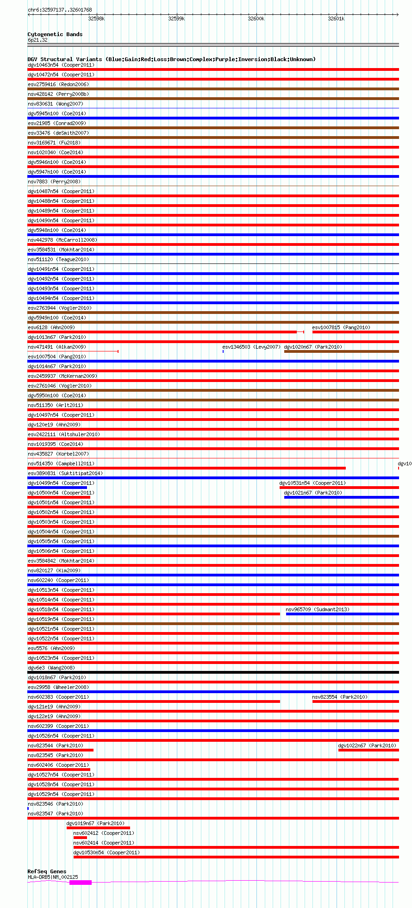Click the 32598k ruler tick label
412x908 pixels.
96,19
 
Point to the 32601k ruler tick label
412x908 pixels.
336,19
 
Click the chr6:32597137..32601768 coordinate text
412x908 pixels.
60,10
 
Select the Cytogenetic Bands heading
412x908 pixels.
55,34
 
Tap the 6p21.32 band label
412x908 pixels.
37,40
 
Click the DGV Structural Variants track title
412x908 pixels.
171,59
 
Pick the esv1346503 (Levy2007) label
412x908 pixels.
251,347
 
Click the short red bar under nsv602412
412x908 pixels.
80,838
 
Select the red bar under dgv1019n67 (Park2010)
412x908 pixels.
98,828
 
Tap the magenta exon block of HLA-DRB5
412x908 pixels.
81,883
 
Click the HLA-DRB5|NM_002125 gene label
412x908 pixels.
53,877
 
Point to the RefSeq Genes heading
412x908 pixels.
47,871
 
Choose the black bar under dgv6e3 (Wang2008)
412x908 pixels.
213,672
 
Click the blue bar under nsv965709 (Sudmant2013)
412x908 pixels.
342,614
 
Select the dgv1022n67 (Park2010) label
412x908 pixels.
367,745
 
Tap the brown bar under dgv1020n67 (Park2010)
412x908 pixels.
341,351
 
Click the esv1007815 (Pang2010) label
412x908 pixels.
341,327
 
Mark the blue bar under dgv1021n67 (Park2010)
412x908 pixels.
341,497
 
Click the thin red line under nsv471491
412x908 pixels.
73,351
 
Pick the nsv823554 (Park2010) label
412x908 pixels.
340,697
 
